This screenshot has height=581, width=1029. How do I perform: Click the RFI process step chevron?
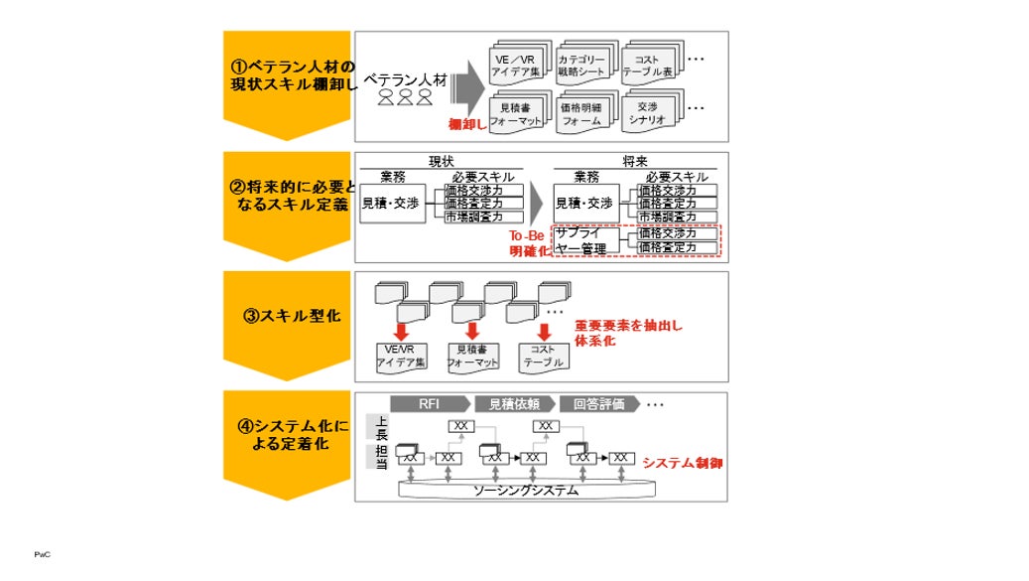[430, 404]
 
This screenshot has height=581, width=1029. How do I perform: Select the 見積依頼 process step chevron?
[513, 404]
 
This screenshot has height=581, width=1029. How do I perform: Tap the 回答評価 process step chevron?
[596, 404]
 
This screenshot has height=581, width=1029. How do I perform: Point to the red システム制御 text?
[682, 463]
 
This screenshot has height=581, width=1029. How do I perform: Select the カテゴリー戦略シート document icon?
[586, 66]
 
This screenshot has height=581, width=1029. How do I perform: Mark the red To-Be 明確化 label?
[529, 242]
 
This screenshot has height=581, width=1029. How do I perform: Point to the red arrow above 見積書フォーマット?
[472, 330]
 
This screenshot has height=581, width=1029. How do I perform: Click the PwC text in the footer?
[42, 554]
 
